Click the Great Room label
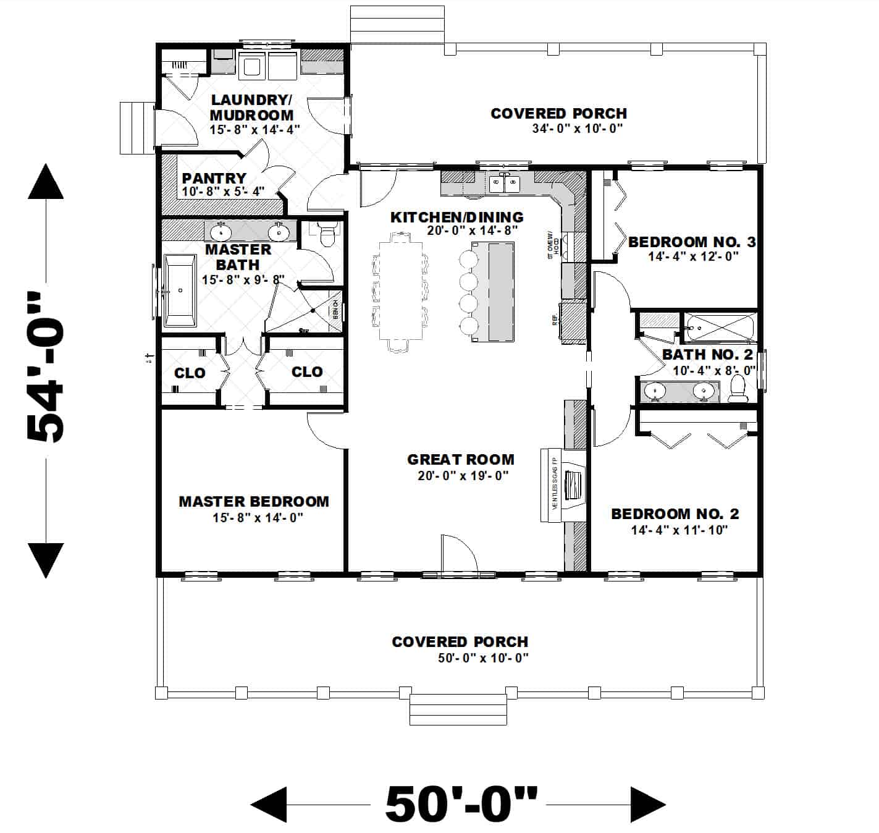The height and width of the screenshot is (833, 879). [x=460, y=459]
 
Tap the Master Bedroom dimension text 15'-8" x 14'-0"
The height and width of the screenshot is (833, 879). [x=258, y=518]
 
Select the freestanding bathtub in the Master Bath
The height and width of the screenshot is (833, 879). [x=180, y=290]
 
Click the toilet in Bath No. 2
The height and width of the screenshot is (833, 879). [x=738, y=389]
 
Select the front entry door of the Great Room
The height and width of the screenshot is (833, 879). [x=458, y=555]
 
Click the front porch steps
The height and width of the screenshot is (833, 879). [x=458, y=709]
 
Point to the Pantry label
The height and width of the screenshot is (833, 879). [x=214, y=178]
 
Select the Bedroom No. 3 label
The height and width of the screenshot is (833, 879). [x=692, y=242]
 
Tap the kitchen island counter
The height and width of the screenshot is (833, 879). [x=501, y=291]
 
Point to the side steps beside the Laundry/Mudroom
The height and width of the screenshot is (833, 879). [x=135, y=127]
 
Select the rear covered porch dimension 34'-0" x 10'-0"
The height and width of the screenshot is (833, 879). [x=577, y=129]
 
